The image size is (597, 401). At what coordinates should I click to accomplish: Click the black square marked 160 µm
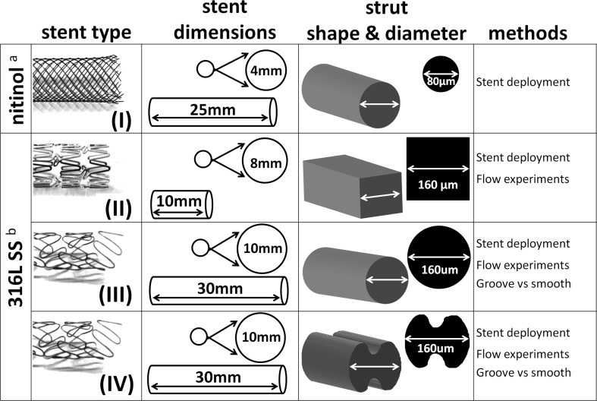coord(438,169)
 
